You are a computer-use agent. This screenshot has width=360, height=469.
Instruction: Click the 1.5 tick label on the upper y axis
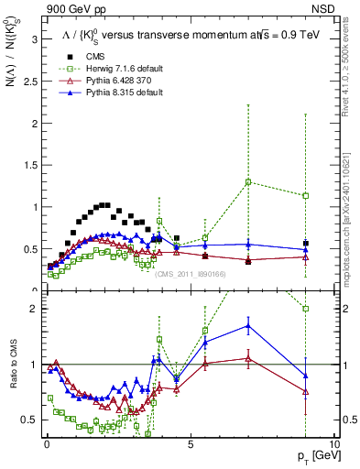tap(29, 165)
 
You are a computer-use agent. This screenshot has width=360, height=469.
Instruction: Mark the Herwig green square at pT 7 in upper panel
tap(248, 181)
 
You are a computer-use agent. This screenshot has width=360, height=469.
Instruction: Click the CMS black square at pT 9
tap(305, 243)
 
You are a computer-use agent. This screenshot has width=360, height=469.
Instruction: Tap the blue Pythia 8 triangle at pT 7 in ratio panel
tap(248, 325)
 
